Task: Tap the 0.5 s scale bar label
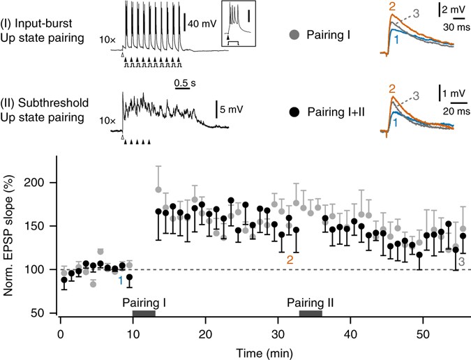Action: click(x=183, y=79)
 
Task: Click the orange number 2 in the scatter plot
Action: click(x=290, y=260)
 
